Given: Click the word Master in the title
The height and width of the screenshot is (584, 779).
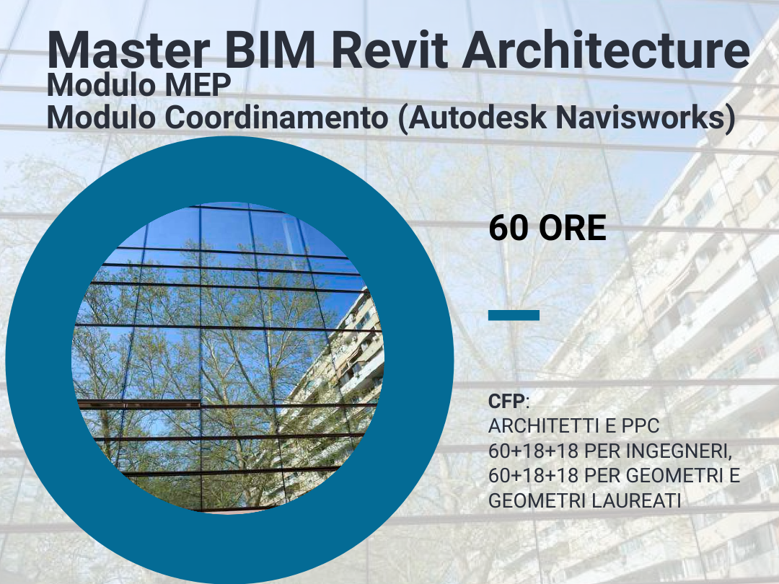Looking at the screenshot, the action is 128,50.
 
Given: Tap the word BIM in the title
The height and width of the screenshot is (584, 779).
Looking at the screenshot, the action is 270,50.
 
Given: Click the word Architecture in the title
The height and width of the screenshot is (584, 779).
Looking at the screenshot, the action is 606,50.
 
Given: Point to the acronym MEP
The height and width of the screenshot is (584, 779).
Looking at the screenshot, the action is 198,85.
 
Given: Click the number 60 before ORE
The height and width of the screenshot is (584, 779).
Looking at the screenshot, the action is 509,228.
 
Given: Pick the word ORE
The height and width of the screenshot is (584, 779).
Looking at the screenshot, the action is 572,228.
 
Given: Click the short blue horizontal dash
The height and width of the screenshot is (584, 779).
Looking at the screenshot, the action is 514,315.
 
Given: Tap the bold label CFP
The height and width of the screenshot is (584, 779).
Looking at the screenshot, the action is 506,402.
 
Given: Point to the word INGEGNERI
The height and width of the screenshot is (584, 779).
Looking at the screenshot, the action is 679,451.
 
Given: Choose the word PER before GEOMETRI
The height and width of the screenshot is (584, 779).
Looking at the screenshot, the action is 602,476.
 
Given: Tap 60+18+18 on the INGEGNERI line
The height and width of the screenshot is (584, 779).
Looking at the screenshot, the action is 534,451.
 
